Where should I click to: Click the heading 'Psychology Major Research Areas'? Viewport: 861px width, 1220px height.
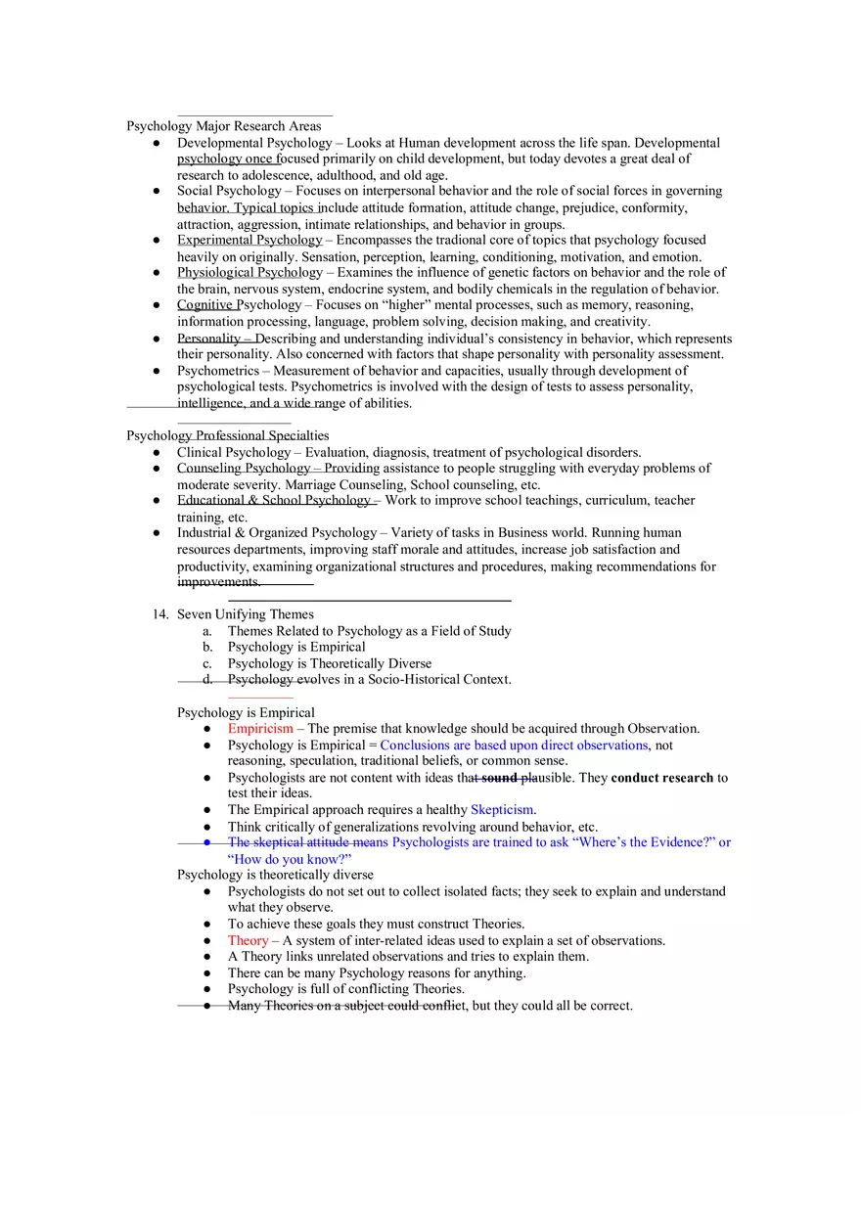click(223, 126)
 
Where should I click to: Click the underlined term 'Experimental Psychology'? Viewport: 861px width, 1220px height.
click(249, 240)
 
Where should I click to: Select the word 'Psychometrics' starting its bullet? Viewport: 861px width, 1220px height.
click(217, 371)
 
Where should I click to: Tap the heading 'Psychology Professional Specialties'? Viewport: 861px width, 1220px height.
click(227, 435)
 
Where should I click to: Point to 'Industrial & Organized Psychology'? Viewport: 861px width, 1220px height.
click(276, 533)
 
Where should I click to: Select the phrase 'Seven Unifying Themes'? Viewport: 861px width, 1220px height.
click(246, 614)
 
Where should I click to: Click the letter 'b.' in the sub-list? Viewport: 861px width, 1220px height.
click(207, 647)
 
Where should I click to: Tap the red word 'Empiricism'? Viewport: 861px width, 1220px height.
click(259, 729)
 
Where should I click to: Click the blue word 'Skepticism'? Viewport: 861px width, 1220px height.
click(502, 810)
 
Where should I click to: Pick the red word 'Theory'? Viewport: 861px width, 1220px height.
click(248, 940)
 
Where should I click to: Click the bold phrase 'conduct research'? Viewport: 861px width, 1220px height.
click(661, 778)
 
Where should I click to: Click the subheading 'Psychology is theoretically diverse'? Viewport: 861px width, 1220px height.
click(275, 875)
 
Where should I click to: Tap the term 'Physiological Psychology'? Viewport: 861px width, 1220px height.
click(249, 273)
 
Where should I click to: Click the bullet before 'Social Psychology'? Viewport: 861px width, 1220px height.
click(157, 192)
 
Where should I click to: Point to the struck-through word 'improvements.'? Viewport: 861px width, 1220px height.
click(218, 582)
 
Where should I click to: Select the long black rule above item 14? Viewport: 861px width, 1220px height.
click(369, 600)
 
